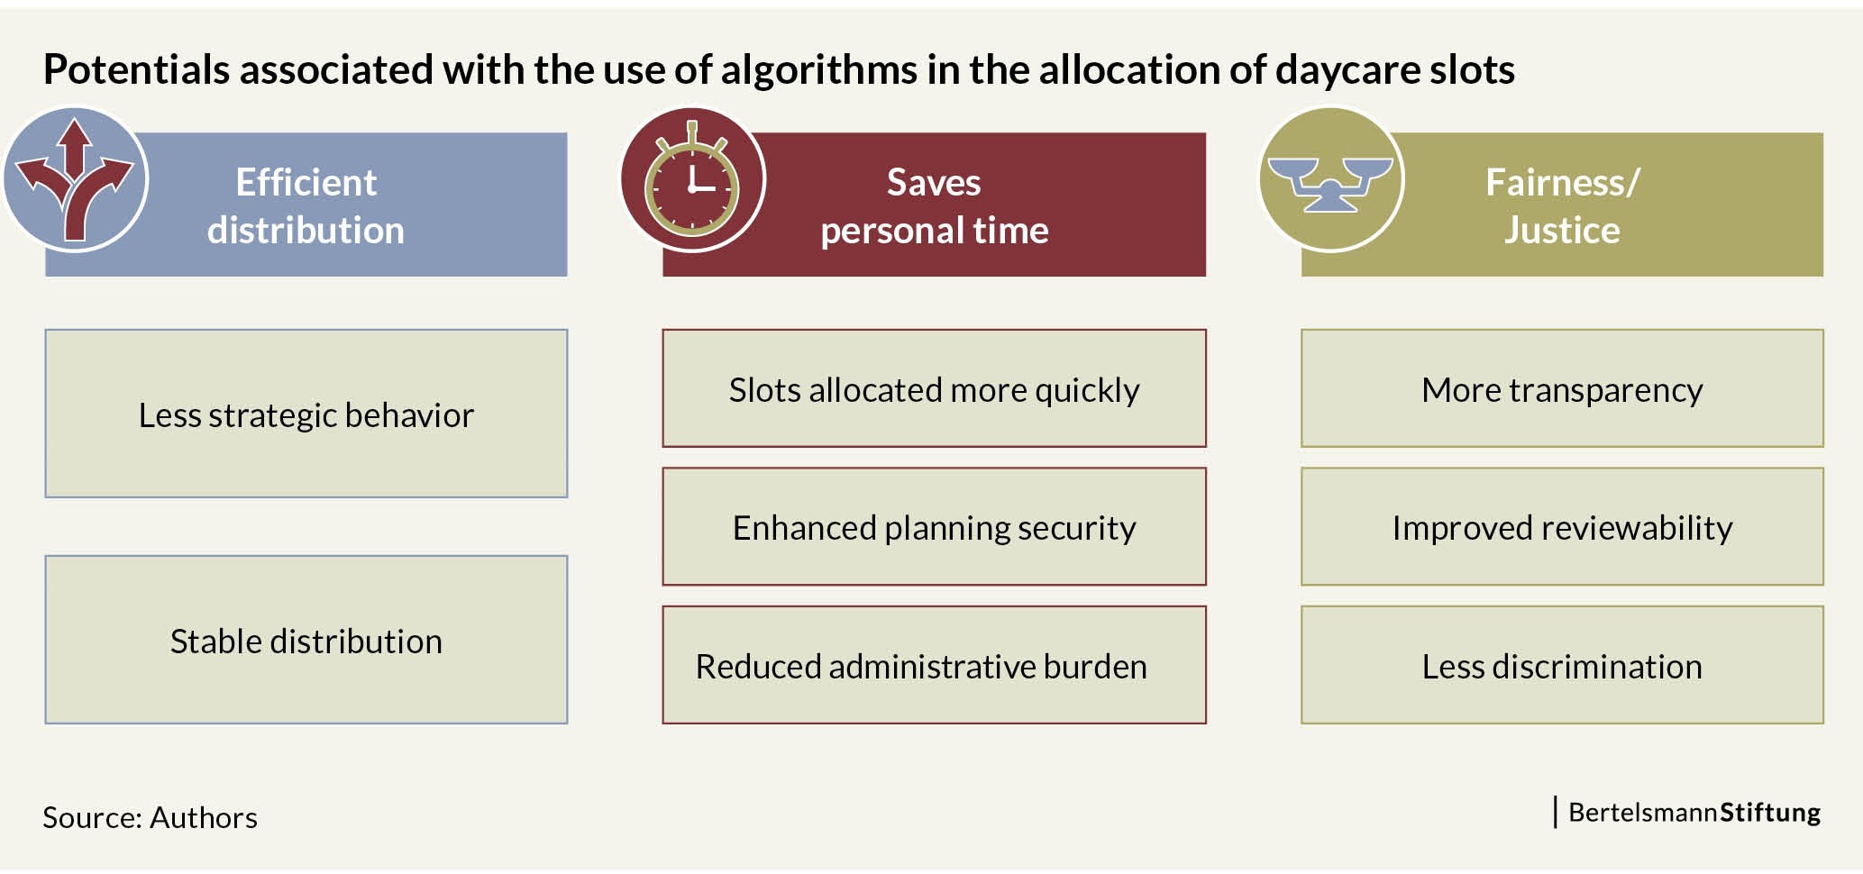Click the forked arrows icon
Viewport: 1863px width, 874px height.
pos(75,179)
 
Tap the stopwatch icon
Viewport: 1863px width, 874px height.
pos(692,179)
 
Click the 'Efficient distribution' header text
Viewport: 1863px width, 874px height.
pos(306,206)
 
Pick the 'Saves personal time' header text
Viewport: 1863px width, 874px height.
pos(935,206)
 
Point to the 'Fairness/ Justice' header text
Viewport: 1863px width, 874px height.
pos(1562,206)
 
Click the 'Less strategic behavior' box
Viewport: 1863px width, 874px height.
pos(306,414)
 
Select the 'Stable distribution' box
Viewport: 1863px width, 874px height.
pos(306,640)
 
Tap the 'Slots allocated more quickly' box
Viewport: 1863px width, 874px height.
pos(934,388)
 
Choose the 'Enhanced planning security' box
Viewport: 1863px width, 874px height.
pos(934,526)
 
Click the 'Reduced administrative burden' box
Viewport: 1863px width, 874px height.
pos(934,665)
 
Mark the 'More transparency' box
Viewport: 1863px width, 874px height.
pos(1562,388)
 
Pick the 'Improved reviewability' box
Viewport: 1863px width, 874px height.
pos(1562,526)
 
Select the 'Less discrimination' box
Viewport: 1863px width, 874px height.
pos(1562,665)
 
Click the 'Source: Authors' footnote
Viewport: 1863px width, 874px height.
pos(150,817)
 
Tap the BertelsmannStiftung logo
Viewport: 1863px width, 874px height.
pos(1687,812)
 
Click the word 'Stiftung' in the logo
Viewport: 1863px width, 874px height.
pos(1770,813)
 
